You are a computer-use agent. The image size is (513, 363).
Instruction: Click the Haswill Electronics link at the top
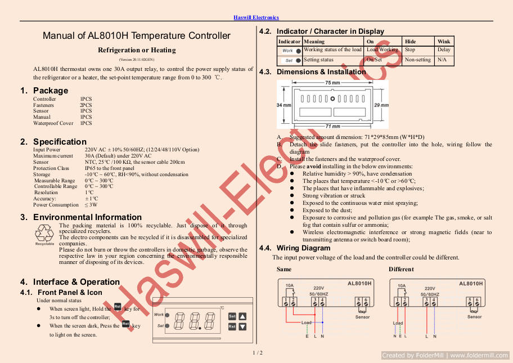[256, 17]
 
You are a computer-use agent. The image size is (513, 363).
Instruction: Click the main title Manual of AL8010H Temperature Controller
[137, 36]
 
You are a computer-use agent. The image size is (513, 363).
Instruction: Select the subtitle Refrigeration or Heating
[137, 50]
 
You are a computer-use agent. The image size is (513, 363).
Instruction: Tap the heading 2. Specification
[53, 142]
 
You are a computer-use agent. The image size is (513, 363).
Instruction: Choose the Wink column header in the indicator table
[443, 42]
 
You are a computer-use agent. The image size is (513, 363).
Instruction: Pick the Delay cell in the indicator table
[443, 50]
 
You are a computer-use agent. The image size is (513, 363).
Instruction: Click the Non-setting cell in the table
[417, 60]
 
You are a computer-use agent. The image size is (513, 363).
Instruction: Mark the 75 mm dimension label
[332, 83]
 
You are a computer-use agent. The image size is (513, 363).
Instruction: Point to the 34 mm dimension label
[283, 105]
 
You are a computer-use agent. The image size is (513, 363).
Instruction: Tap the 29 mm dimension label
[381, 105]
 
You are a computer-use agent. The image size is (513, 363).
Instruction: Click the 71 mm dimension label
[332, 126]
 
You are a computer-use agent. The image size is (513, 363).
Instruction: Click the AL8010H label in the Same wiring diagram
[359, 284]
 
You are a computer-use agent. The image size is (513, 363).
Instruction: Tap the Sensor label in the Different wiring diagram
[474, 317]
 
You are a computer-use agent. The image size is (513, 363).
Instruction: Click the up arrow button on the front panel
[242, 316]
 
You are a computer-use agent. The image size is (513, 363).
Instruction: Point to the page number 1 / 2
[257, 353]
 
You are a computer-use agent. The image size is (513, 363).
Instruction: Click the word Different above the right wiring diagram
[400, 270]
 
